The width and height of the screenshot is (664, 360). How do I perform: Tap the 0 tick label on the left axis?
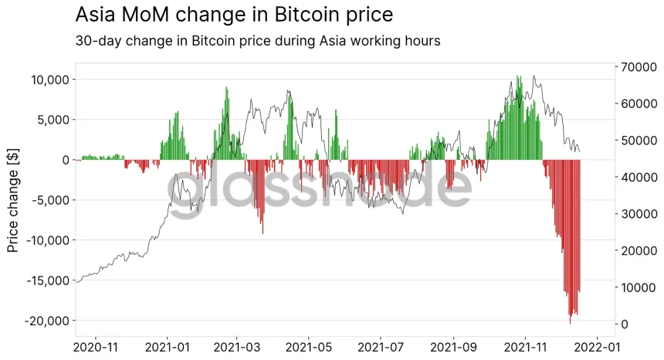[66, 160]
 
